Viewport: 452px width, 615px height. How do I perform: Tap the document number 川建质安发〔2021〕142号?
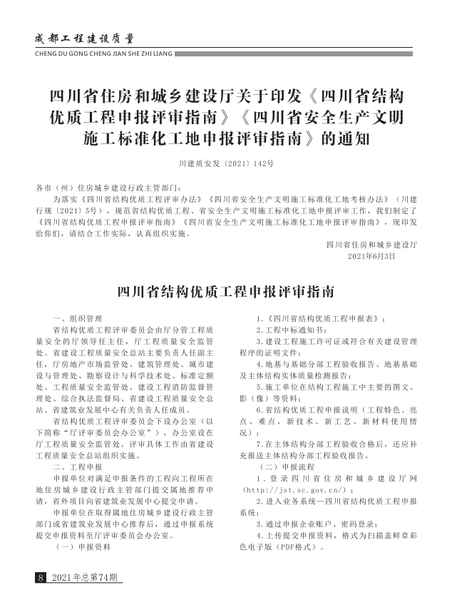pyautogui.click(x=226, y=165)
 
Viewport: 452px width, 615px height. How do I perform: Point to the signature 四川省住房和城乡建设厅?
pyautogui.click(x=371, y=245)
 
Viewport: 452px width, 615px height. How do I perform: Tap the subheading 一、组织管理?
pyautogui.click(x=78, y=317)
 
